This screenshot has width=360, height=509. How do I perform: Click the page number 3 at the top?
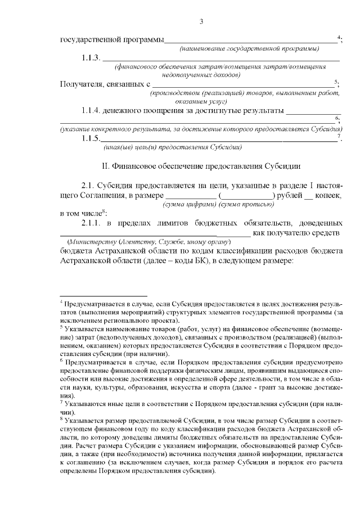click(x=201, y=22)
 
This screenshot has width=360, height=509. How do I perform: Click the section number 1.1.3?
click(x=91, y=58)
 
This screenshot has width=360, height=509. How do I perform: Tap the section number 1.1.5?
click(x=91, y=138)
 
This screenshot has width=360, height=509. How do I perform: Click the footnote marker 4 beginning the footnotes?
click(x=62, y=301)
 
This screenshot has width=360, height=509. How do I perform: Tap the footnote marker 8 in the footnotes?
click(x=62, y=418)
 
